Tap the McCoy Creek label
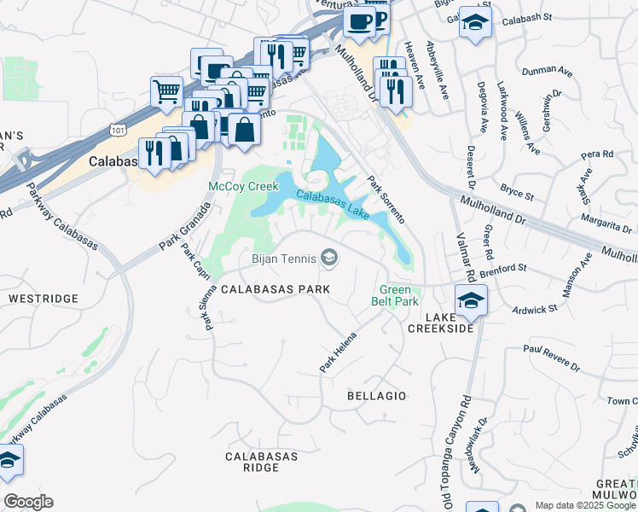244,185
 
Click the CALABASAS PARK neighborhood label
275,289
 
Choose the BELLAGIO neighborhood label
377,396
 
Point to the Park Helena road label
337,352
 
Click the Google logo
28,502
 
